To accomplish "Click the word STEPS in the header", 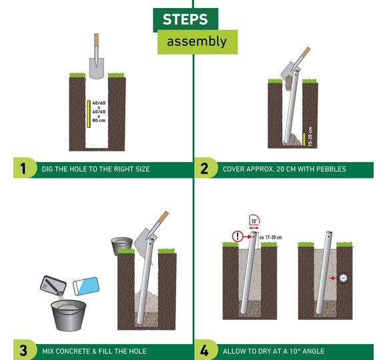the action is coord(185,19).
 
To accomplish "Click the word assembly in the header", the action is coord(197,41).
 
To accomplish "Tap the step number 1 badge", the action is coord(23,169).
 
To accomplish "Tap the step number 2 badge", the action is coord(204,169).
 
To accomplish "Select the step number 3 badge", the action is coord(23,350).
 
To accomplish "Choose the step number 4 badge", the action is coord(204,350).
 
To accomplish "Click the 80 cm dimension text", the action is coord(99,120).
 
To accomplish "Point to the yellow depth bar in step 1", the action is coord(89,114).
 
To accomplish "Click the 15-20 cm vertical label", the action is coord(310,137).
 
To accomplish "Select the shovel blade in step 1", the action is coord(96,69).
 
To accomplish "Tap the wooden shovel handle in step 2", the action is coord(306,52).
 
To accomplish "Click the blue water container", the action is coord(86,286).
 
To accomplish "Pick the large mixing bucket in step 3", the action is coord(69,315).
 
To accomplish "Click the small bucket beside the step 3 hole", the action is coord(121,246).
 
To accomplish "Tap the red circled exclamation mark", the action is coord(238,237).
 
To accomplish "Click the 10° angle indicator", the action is coord(254,221).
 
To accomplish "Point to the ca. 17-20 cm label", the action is coord(270,237).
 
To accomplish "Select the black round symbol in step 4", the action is coord(343,278).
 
